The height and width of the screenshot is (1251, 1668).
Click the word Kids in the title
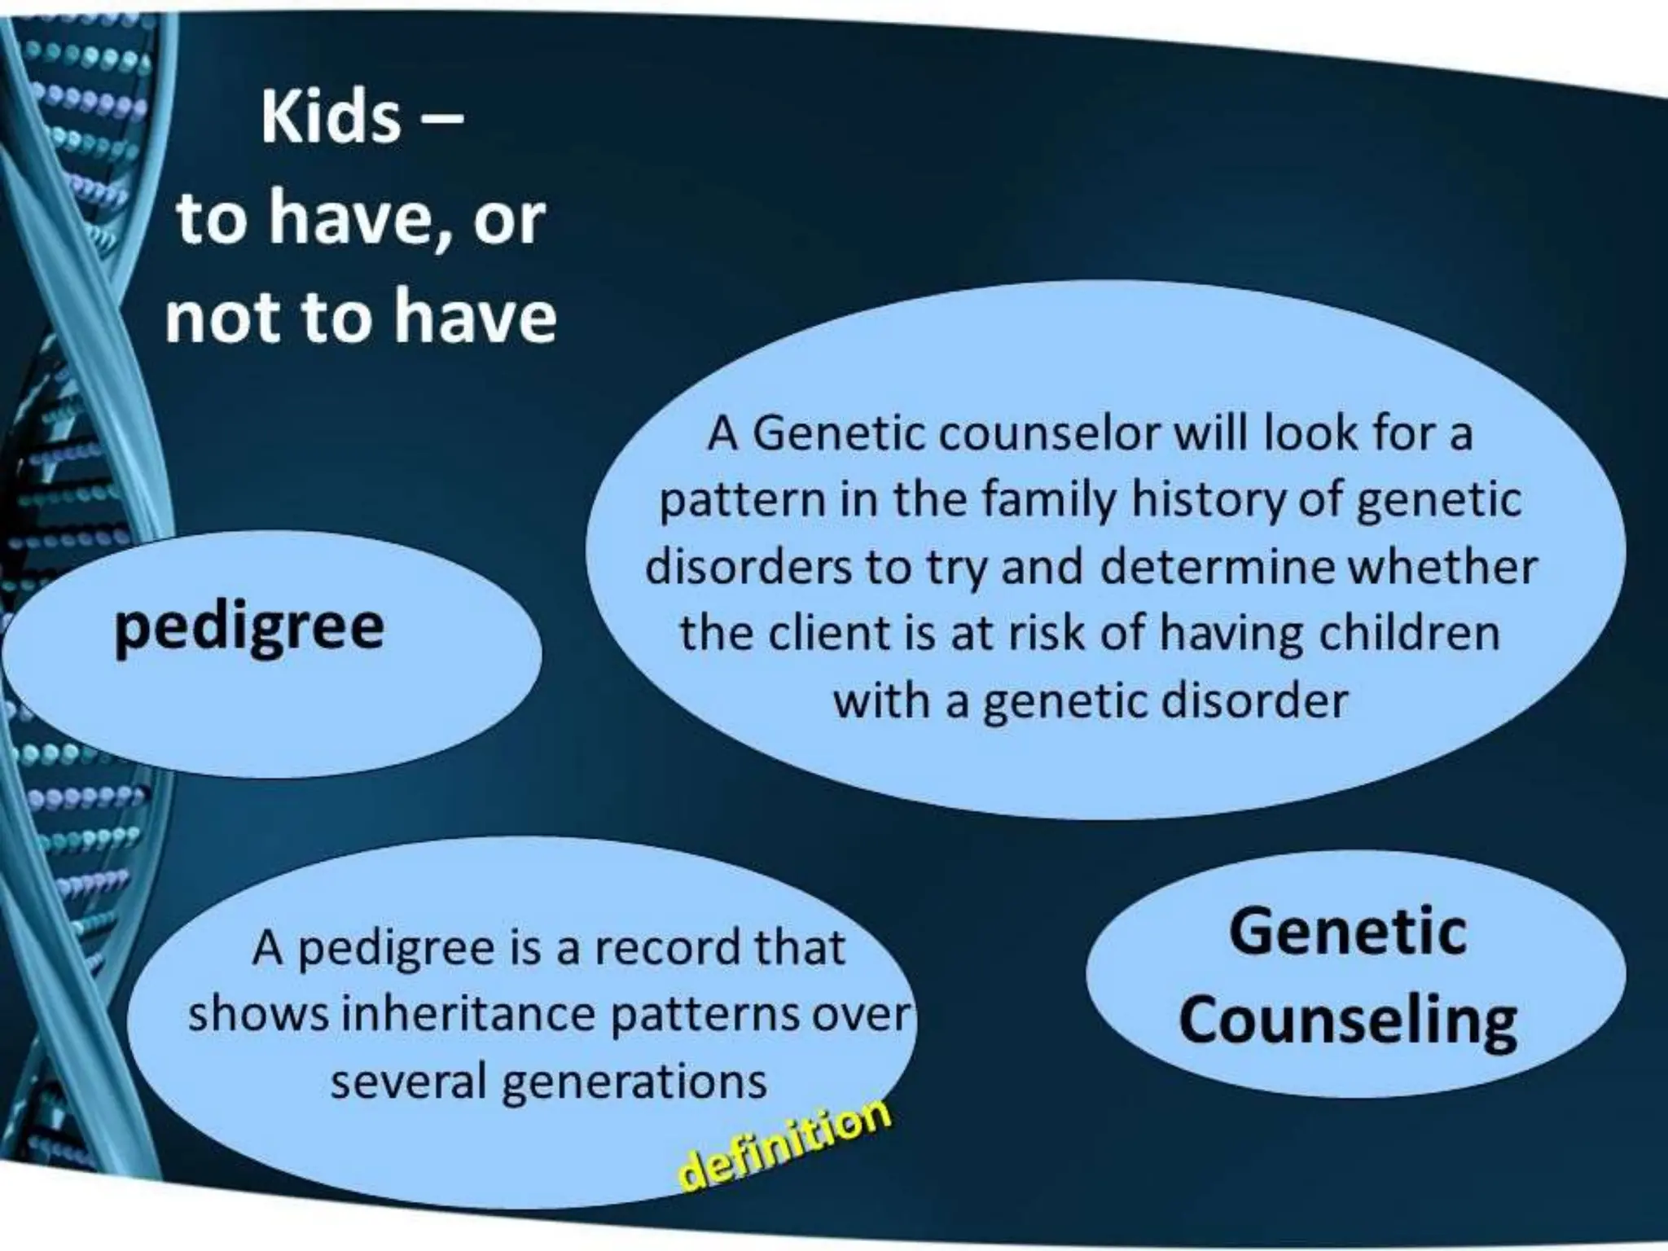331,117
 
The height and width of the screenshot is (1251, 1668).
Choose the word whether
1442,567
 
